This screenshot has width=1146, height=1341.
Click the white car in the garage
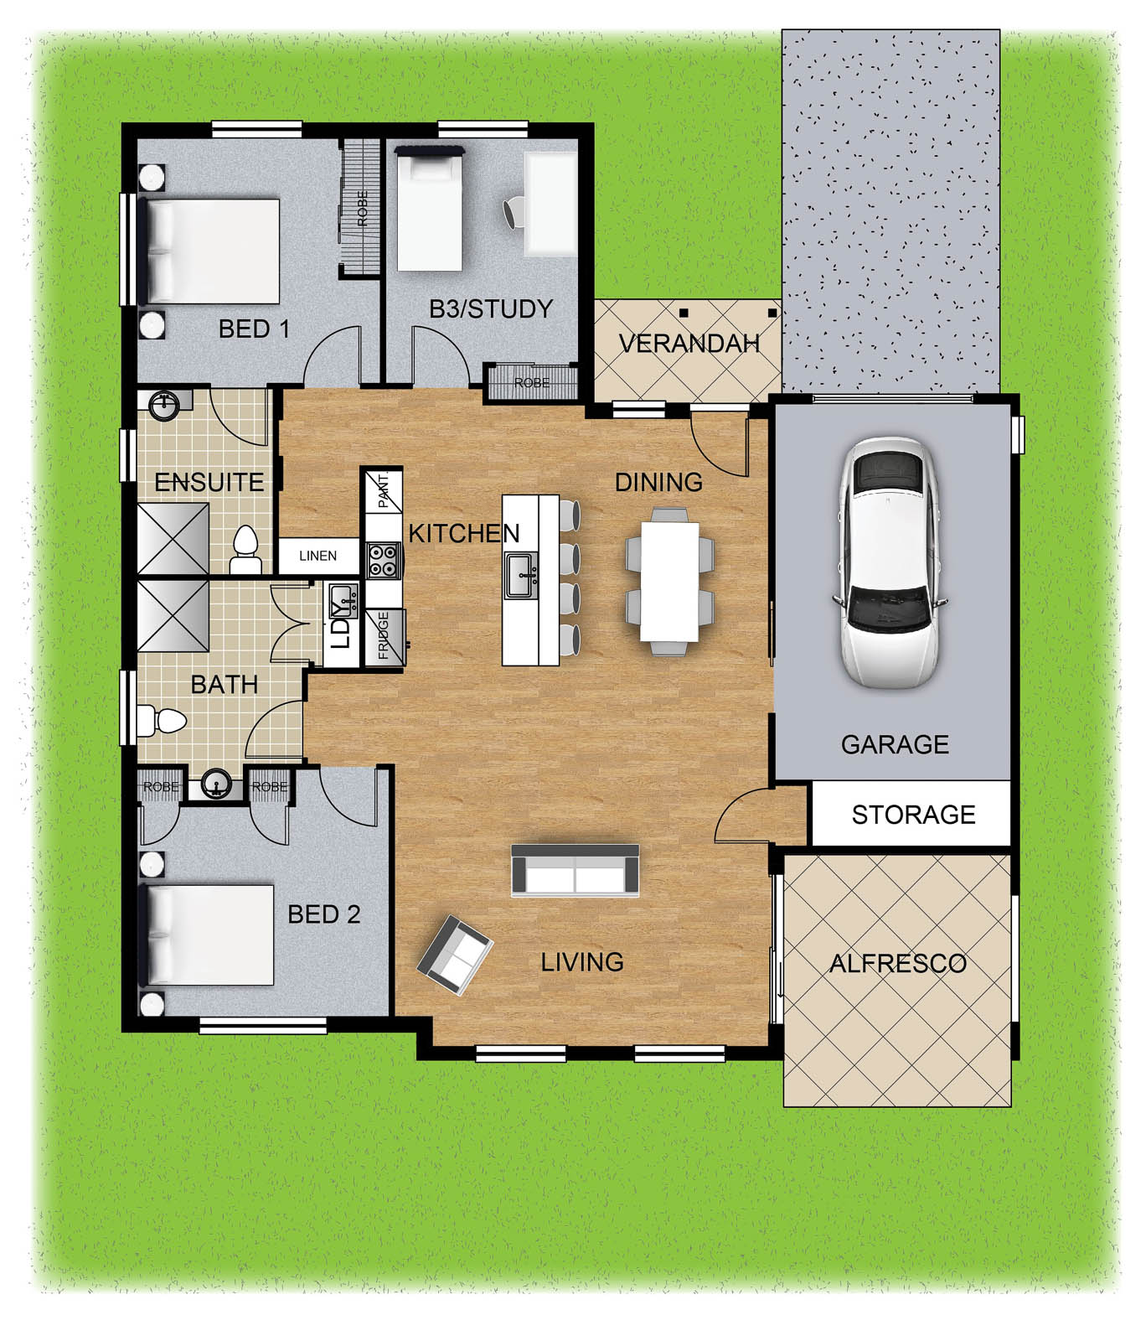(x=889, y=563)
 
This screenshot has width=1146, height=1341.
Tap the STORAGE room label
(x=913, y=815)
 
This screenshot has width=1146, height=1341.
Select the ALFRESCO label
(x=898, y=964)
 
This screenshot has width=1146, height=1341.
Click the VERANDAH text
(x=689, y=343)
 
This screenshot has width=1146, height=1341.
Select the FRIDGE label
(x=384, y=636)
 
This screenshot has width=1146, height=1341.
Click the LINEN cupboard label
(x=318, y=556)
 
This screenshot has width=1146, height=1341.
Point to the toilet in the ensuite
(x=246, y=550)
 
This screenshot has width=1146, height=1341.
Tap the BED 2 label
(x=324, y=914)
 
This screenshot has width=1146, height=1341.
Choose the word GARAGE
(x=895, y=744)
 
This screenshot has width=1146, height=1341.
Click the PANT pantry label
(x=384, y=490)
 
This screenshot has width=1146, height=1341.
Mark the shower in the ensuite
(x=173, y=538)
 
